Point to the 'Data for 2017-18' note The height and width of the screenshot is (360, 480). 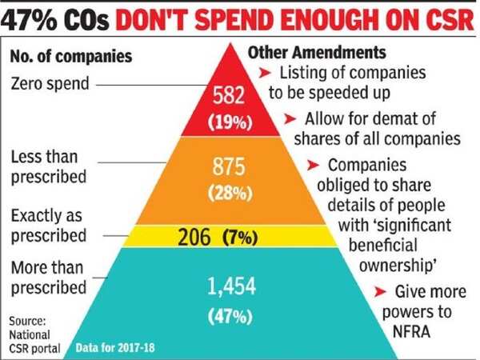[x=114, y=347]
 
